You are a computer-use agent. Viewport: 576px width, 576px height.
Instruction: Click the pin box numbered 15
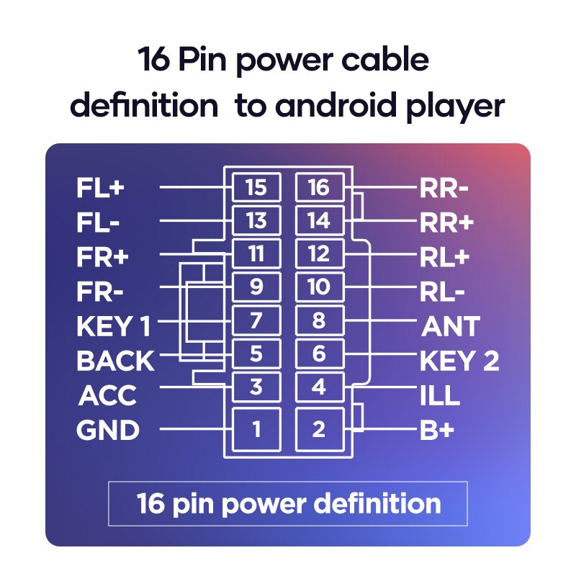point(256,187)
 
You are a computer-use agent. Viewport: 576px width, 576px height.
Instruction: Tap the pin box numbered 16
point(318,187)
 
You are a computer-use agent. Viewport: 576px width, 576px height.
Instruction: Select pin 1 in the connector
point(256,430)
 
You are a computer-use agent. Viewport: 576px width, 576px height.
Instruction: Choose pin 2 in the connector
point(318,430)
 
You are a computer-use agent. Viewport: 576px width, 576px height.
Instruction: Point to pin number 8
point(318,321)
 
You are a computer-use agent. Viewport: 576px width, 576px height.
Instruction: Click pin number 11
point(256,254)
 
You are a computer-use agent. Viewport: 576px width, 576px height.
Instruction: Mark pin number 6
point(318,354)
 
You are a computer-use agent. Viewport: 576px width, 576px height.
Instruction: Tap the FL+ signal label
point(101,189)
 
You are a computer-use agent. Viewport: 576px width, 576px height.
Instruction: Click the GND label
point(108,431)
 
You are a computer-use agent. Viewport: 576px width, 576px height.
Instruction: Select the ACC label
point(107,396)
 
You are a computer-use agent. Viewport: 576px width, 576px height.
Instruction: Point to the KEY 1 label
point(113,327)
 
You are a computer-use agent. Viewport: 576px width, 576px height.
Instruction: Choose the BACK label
point(115,361)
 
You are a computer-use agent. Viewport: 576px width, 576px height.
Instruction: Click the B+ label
point(437,431)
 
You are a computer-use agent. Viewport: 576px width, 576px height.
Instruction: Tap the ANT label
point(450,327)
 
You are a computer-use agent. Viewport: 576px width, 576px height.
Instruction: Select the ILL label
point(440,396)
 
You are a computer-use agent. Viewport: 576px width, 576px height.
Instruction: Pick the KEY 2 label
point(459,361)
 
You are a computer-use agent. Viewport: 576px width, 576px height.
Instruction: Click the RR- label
point(444,189)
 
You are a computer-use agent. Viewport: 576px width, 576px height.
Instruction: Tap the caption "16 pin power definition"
point(288,503)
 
